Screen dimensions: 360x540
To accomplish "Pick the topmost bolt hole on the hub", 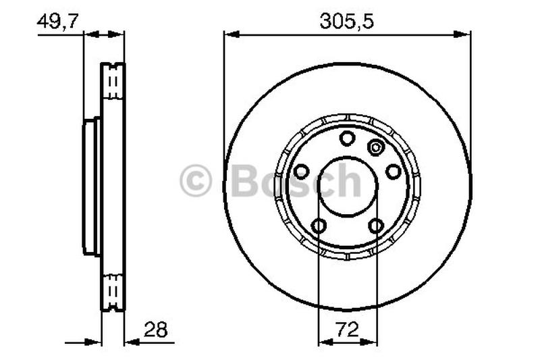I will (347, 138).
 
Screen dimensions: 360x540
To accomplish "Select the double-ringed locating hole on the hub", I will (375, 147).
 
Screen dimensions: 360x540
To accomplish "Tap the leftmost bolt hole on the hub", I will (301, 172).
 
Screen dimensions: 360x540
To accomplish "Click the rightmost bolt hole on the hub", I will (393, 172).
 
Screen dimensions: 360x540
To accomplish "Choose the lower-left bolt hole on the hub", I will (319, 226).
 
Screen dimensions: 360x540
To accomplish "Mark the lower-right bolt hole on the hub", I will (376, 226).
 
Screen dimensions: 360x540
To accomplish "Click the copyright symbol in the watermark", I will (196, 182).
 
